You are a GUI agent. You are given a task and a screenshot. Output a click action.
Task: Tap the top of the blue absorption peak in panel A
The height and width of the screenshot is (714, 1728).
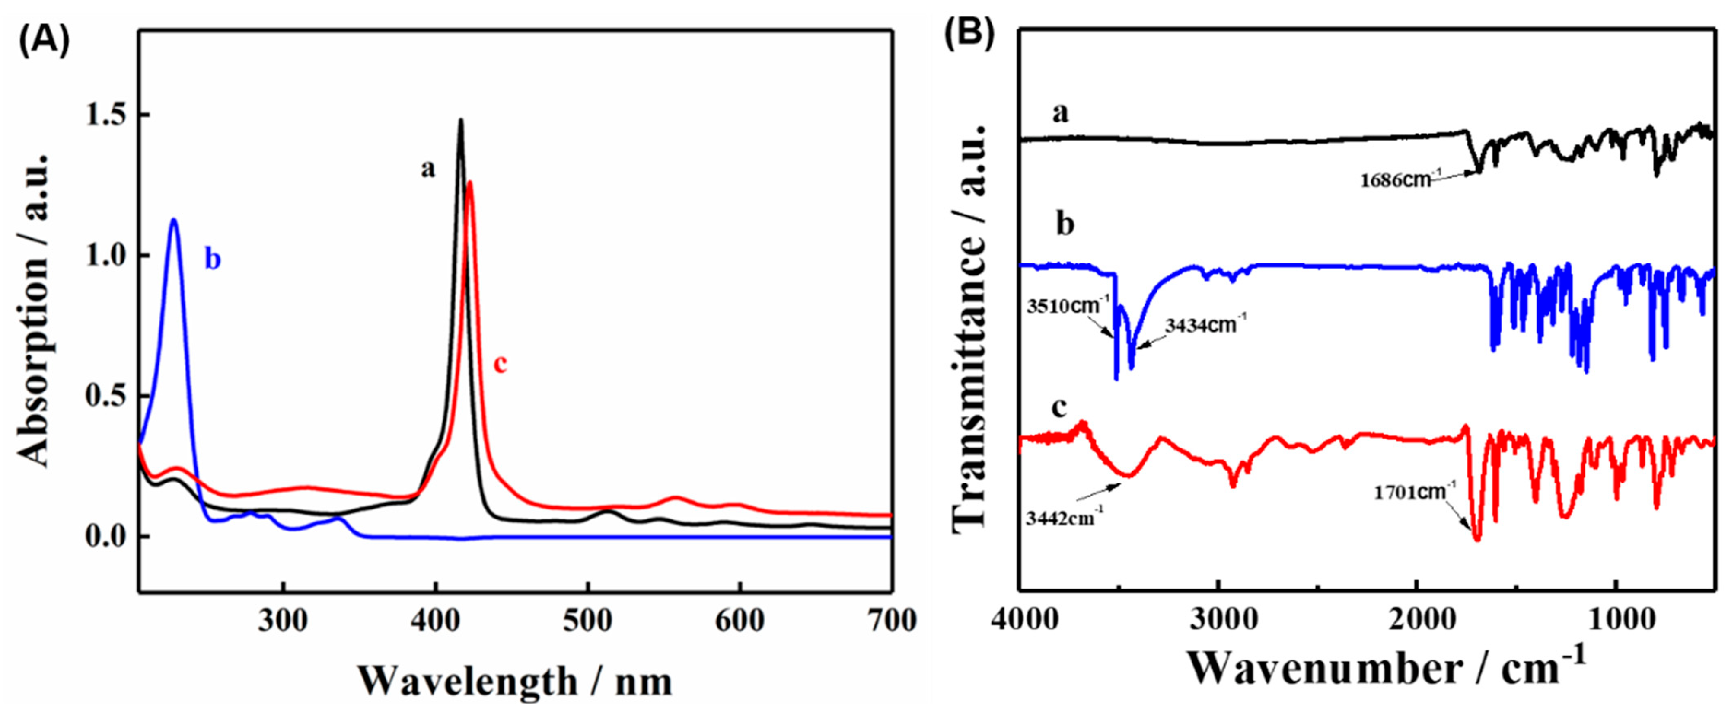coord(174,219)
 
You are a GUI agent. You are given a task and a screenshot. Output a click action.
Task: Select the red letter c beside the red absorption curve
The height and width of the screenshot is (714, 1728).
coord(500,365)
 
